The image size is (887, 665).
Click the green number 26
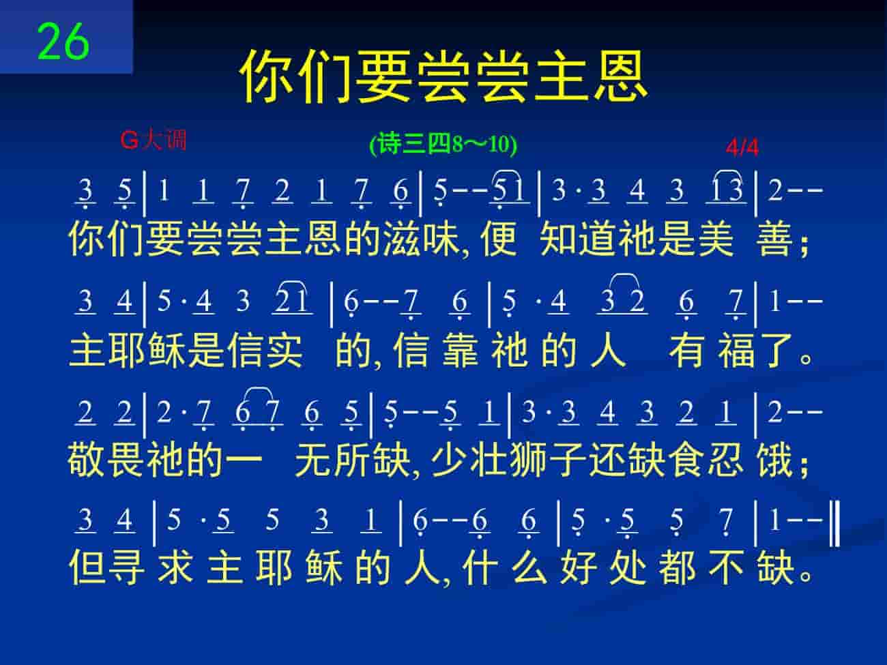[63, 42]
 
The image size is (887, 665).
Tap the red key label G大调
[153, 140]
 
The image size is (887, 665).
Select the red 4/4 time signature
[742, 147]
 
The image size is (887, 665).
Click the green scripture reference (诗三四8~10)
[443, 145]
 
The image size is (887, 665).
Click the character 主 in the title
[562, 76]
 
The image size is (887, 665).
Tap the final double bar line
[835, 523]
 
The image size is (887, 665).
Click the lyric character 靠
[460, 350]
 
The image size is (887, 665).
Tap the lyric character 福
[736, 350]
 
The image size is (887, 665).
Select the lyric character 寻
[126, 567]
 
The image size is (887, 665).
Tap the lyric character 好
[579, 567]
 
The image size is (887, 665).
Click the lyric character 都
[678, 567]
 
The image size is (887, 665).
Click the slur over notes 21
[294, 282]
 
